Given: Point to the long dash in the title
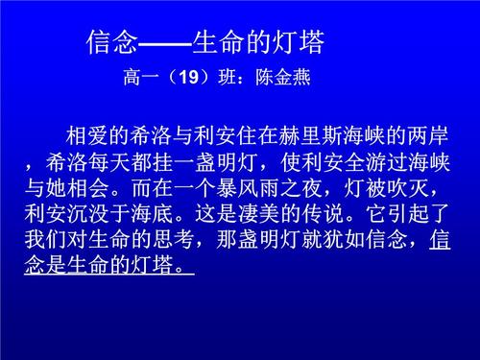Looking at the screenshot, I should point(166,43).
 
